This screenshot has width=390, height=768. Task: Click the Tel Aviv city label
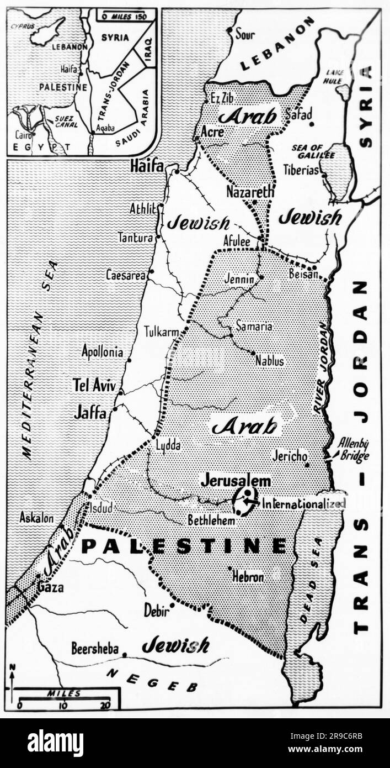pos(94,385)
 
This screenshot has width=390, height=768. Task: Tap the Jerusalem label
pos(236,480)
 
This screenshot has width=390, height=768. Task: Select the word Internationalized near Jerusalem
pos(303,503)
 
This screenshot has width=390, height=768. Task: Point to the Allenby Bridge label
pos(353,449)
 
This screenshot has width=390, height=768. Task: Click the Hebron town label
pos(248,577)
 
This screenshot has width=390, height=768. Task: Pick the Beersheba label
pos(95,648)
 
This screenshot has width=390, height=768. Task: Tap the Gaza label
pos(50,587)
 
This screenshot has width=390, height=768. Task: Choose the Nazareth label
pos(250,192)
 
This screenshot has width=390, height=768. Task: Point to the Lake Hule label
pos(334,77)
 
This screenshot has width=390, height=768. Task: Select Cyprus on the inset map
pos(25,25)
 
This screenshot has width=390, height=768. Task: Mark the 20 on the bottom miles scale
pos(105,705)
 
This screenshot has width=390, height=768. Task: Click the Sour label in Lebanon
pos(245,34)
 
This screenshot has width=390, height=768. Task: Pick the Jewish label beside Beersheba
pos(175,645)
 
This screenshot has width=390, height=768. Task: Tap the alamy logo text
pos(55,743)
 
